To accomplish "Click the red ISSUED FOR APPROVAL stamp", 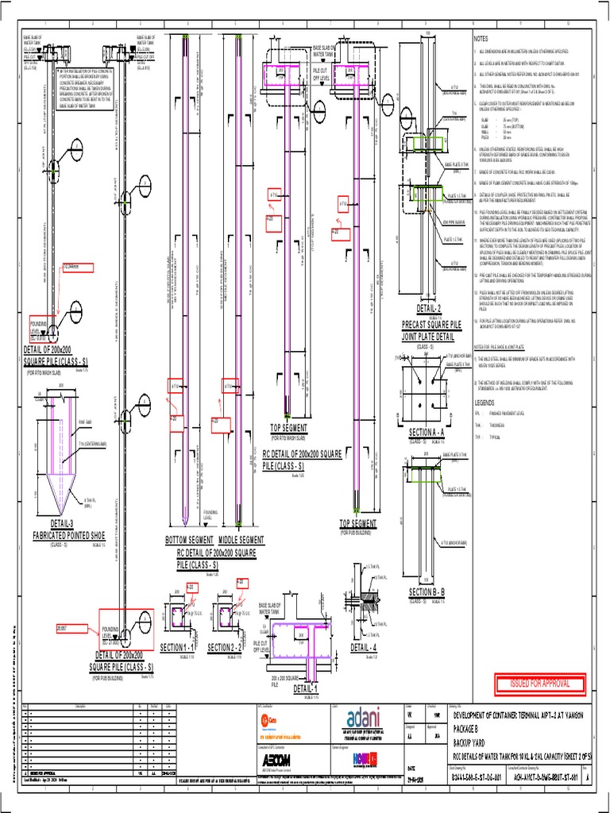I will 545,684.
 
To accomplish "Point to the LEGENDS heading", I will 485,403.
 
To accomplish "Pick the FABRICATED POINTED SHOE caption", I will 64,534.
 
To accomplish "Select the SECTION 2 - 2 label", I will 226,648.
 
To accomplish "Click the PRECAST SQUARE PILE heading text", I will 431,325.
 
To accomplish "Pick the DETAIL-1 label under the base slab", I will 305,689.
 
